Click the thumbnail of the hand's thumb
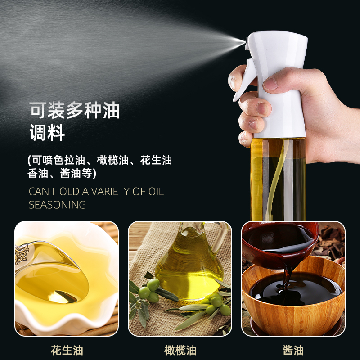[271, 83]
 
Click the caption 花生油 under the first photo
[67, 350]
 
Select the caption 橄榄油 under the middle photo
[180, 350]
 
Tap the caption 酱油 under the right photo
[293, 350]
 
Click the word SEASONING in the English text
[57, 205]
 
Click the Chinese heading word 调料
[47, 133]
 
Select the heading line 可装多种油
[74, 111]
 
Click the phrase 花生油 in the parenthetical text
[156, 160]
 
